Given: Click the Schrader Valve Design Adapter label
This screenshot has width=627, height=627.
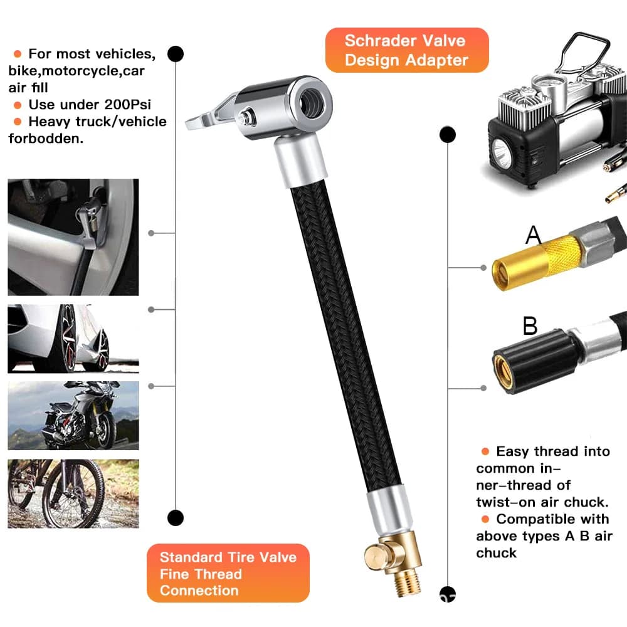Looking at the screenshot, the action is tap(407, 50).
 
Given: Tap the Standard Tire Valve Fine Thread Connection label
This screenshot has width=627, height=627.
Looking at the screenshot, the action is tap(228, 573).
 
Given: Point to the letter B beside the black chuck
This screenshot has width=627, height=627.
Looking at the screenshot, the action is tap(530, 325).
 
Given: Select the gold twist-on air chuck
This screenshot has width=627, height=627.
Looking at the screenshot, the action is tap(536, 262).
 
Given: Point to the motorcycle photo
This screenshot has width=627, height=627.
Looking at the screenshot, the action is tap(73, 416).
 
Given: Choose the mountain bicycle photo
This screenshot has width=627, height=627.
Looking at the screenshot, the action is tap(73, 493).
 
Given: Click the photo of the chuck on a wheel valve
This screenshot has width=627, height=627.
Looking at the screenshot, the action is tap(73, 237).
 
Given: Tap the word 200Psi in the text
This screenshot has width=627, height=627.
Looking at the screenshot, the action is tap(127, 105).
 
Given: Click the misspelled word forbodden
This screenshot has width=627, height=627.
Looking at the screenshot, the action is tap(46, 139).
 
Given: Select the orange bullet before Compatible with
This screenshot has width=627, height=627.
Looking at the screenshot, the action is tap(485, 519).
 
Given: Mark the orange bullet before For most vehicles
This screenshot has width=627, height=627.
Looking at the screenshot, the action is tap(18, 53).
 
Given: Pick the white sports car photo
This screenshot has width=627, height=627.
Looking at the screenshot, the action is tap(73, 339).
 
